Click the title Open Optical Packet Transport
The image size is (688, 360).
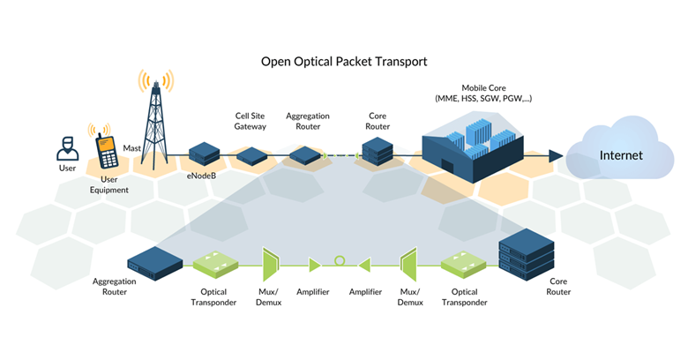pos(344,62)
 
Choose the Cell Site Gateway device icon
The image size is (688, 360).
pos(253,155)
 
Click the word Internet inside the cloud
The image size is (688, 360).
pos(621,156)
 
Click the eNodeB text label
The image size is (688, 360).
pos(202,176)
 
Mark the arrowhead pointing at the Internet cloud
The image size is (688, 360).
pos(555,156)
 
